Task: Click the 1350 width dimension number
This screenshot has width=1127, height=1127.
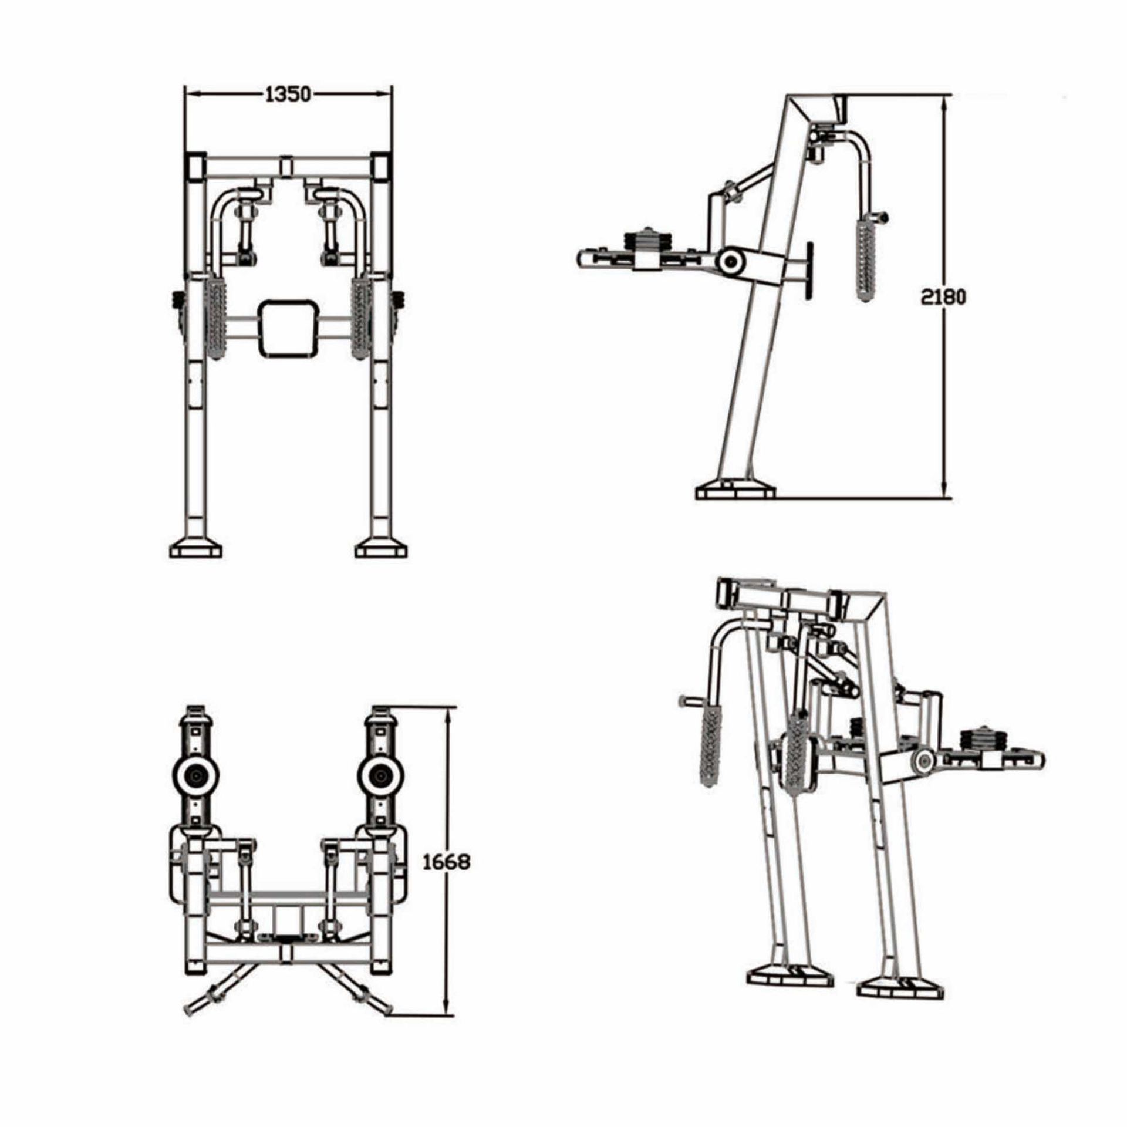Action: tap(288, 94)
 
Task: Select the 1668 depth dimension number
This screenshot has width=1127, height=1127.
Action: tap(447, 862)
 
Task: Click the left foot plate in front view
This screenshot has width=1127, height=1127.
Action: tap(196, 550)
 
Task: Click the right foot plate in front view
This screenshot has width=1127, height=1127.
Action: tap(382, 550)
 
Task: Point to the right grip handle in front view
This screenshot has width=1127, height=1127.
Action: tap(360, 317)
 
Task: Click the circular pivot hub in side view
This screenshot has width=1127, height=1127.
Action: tap(731, 261)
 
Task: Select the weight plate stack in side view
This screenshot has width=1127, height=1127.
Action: tap(648, 241)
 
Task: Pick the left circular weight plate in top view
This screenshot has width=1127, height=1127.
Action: tap(195, 777)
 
